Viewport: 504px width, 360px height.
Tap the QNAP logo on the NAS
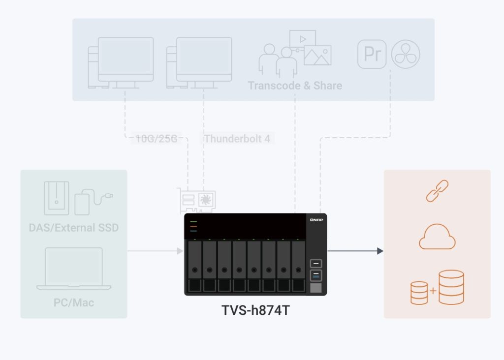pyautogui.click(x=316, y=220)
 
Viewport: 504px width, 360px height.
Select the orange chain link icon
pyautogui.click(x=437, y=191)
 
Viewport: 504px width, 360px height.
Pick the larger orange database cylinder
pyautogui.click(x=451, y=287)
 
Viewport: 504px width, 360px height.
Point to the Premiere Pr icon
pyautogui.click(x=372, y=54)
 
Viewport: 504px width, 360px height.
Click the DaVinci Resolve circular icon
pyautogui.click(x=406, y=54)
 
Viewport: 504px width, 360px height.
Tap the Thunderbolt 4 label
pyautogui.click(x=237, y=139)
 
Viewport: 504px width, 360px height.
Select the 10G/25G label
pyautogui.click(x=156, y=139)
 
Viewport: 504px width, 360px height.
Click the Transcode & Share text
pyautogui.click(x=295, y=86)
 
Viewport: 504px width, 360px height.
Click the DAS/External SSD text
pyautogui.click(x=74, y=228)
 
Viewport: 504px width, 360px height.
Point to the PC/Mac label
pyautogui.click(x=74, y=301)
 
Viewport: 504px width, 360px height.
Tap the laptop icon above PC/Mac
pyautogui.click(x=74, y=269)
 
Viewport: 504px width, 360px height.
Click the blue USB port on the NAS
pyautogui.click(x=315, y=274)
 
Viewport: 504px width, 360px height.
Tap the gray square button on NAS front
pyautogui.click(x=315, y=288)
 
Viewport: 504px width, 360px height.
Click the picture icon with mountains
pyautogui.click(x=317, y=55)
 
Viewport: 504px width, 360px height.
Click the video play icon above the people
pyautogui.click(x=302, y=38)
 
